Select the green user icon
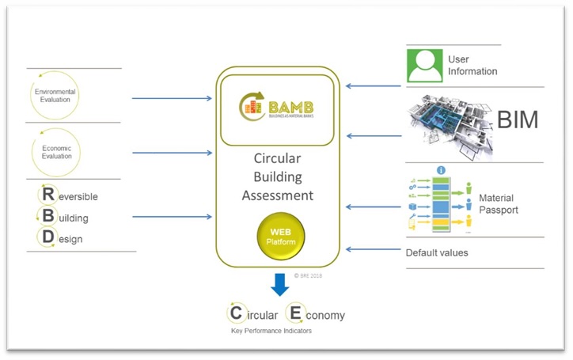[x=425, y=66]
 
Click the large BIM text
[x=518, y=120]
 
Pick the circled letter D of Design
[x=47, y=238]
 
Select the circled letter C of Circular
[x=236, y=313]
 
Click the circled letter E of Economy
[x=295, y=313]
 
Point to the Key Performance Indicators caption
[x=265, y=331]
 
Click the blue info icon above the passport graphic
[x=441, y=170]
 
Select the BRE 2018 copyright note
[x=307, y=275]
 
